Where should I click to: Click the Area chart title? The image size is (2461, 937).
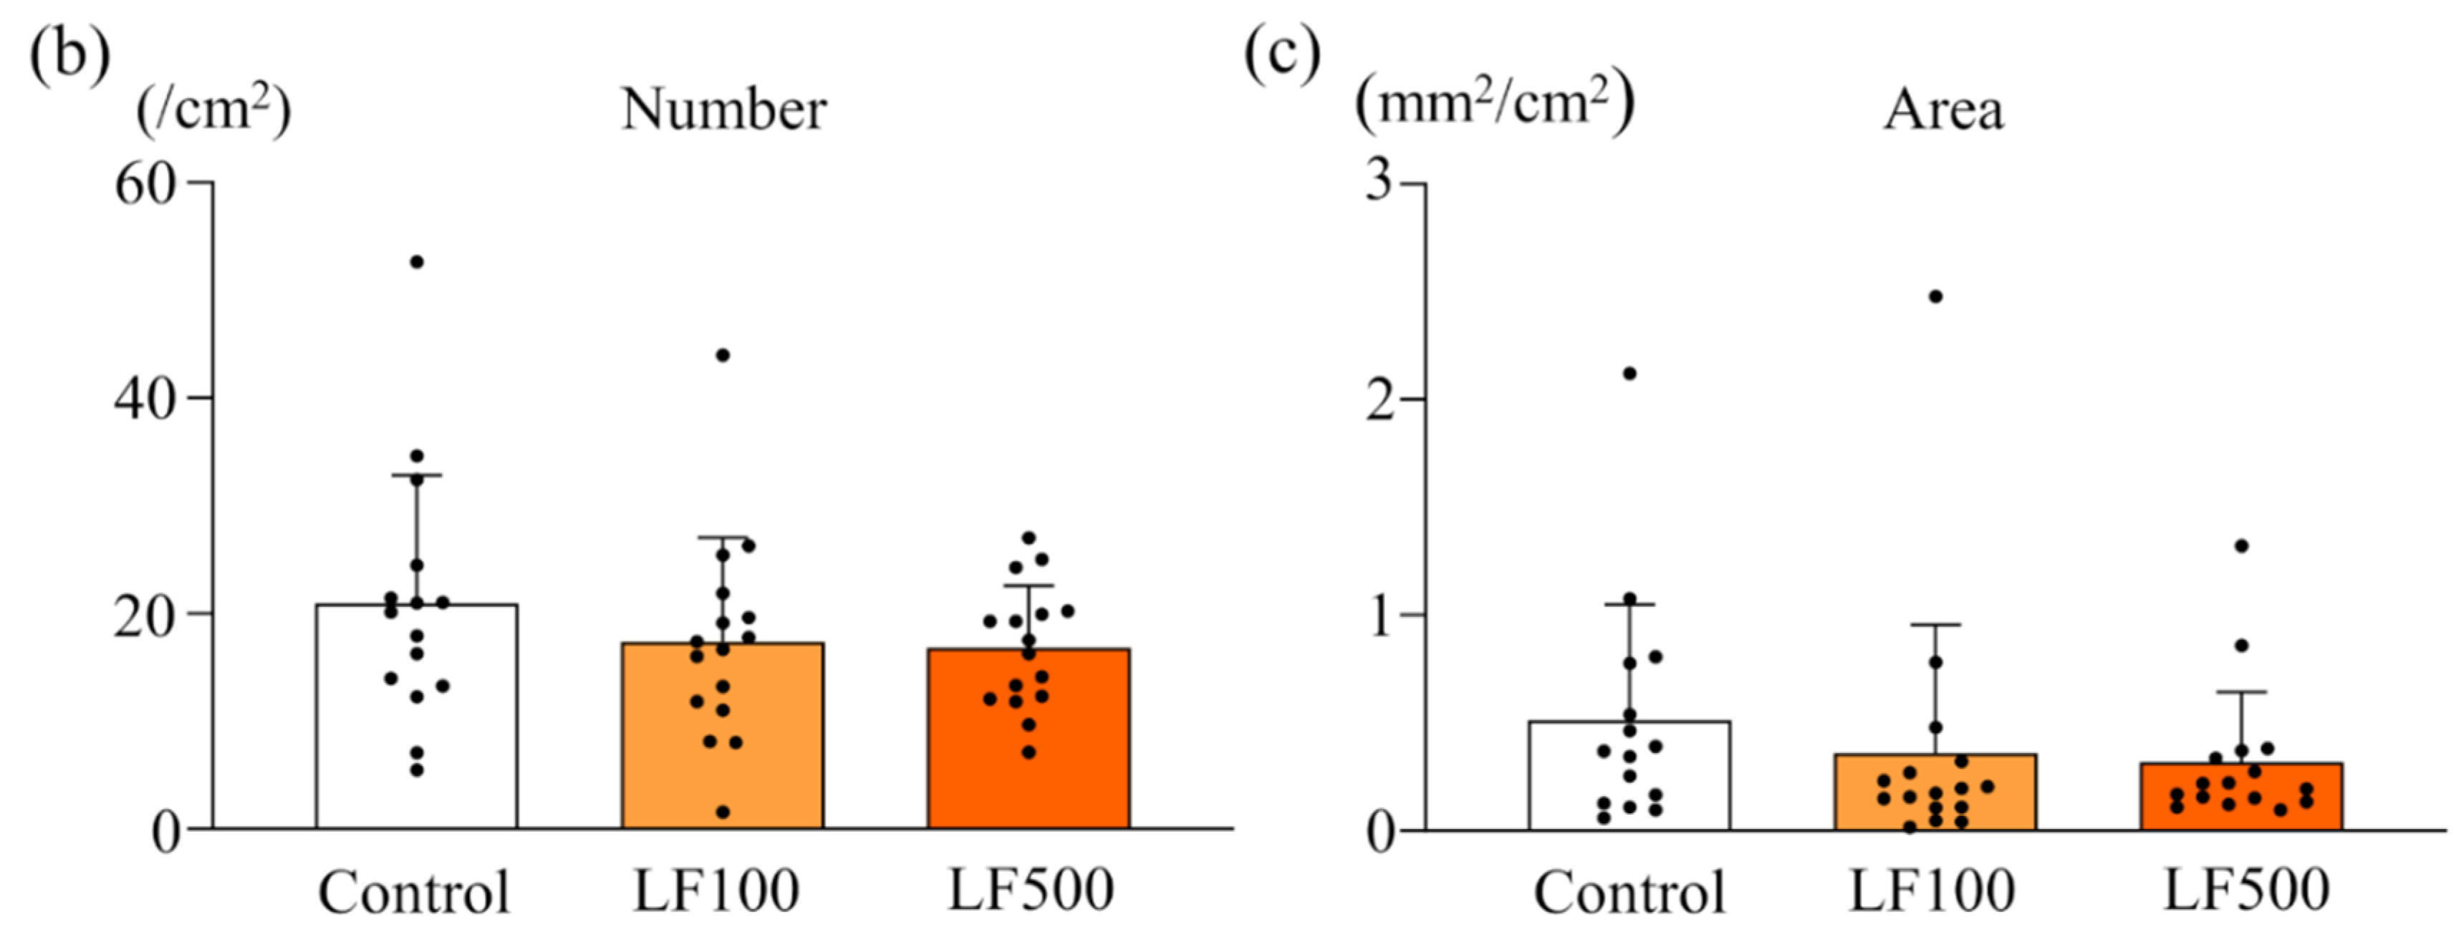point(1943,111)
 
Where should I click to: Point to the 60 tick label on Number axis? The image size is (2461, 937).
point(145,183)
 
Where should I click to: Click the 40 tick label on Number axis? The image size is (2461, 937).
point(145,398)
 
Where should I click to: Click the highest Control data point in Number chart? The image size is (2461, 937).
point(417,262)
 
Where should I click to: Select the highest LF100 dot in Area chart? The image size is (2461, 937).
point(1935,296)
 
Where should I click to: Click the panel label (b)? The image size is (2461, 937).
point(69,55)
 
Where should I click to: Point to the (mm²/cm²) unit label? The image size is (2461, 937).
point(1494,103)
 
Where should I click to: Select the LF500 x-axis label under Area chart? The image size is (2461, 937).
point(2245,890)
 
